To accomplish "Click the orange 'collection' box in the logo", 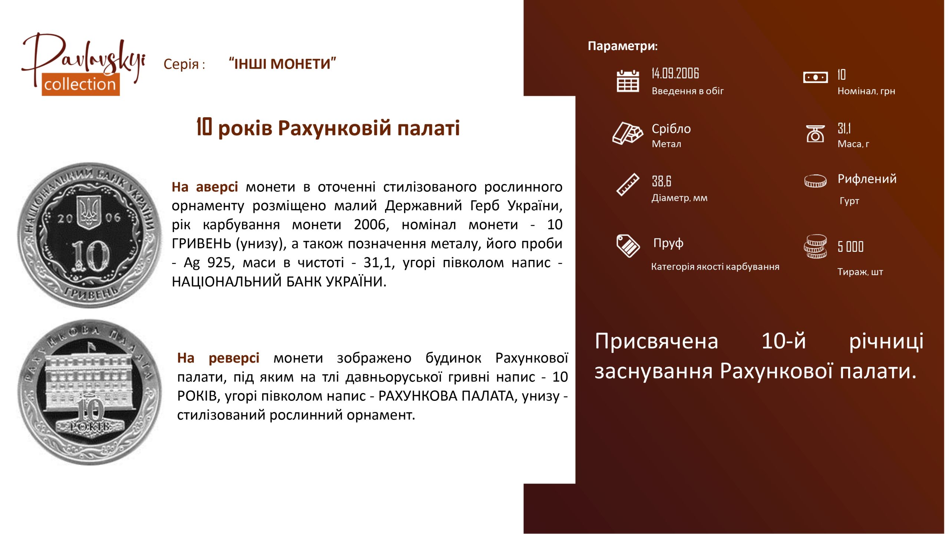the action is [80, 85].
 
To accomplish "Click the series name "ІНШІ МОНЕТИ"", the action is [282, 64].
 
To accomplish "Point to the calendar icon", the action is [628, 81].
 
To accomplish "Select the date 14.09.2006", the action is [675, 73].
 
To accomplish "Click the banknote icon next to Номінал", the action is [815, 78].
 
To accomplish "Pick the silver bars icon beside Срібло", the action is [628, 133].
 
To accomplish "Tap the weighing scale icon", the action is [815, 133].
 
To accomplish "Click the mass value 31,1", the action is [844, 128].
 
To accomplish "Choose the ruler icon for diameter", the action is [628, 184].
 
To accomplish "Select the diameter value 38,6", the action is [661, 181].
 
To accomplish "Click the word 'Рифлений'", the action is [867, 179].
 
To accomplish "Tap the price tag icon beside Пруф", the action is [628, 245].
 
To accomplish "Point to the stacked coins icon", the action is [815, 246].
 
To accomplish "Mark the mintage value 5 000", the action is [850, 247].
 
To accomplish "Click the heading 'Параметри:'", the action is [623, 46].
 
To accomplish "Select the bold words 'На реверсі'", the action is [218, 358].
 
